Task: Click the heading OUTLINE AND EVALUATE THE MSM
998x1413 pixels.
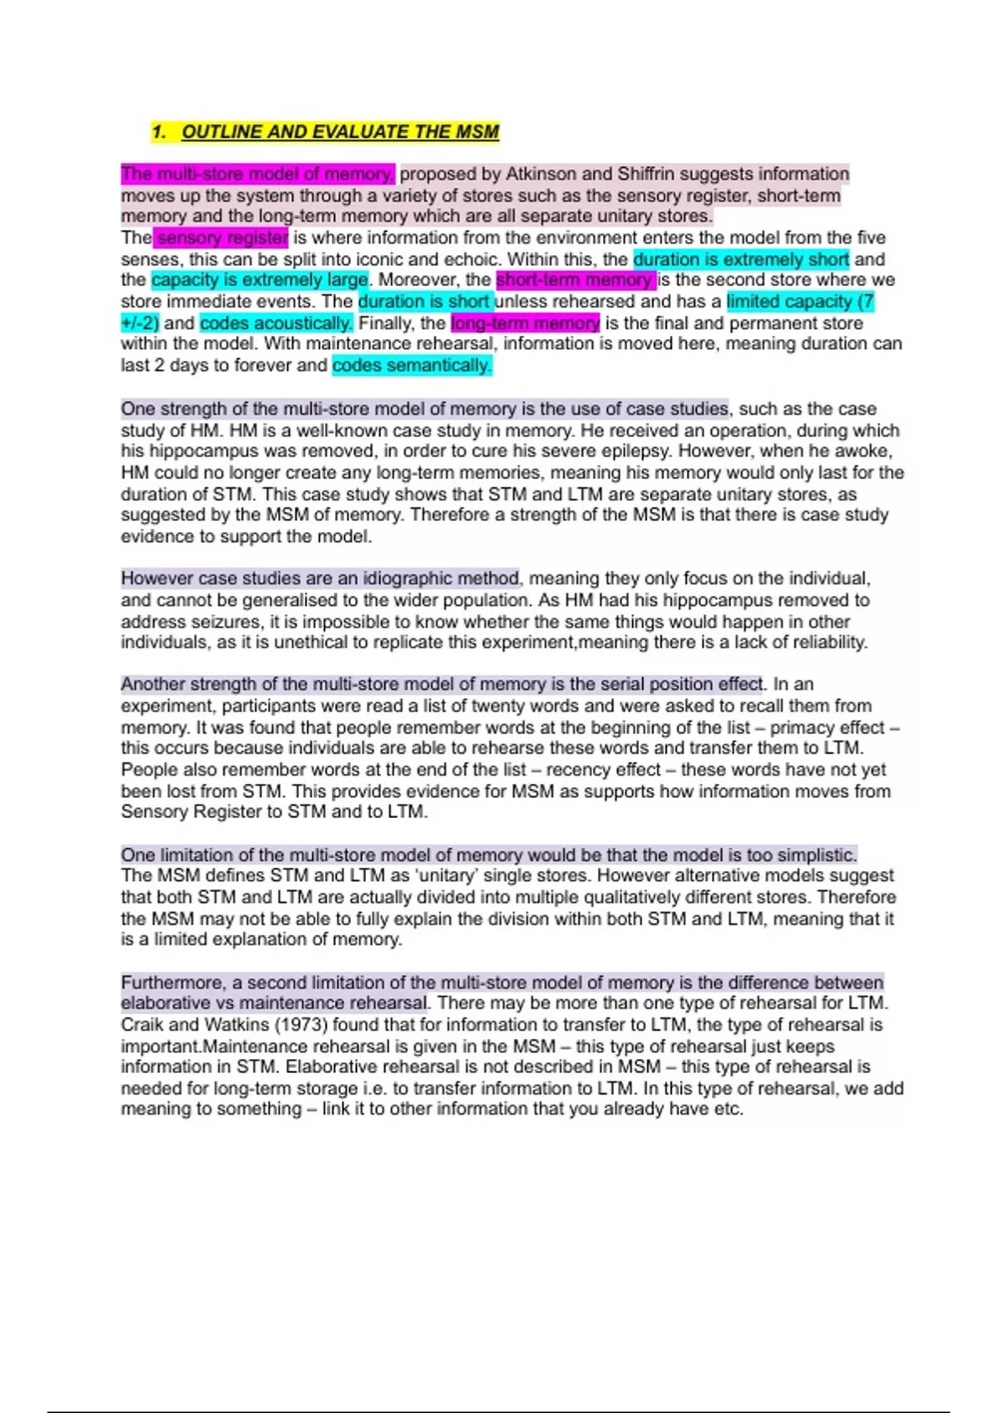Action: [340, 131]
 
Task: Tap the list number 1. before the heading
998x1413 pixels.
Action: [160, 131]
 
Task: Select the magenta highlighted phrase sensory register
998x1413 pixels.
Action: [222, 238]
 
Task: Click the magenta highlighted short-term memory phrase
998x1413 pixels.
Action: [575, 280]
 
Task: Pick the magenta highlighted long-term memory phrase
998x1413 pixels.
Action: [525, 323]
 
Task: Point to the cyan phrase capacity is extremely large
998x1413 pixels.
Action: [259, 280]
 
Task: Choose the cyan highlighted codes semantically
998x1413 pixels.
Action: [412, 366]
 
